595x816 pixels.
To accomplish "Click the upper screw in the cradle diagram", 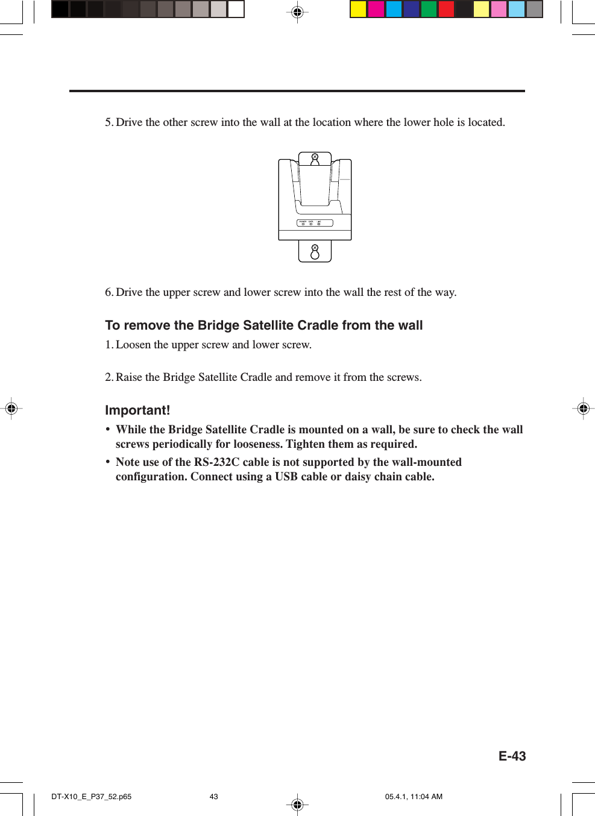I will (315, 157).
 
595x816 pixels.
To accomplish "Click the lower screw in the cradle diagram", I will (315, 248).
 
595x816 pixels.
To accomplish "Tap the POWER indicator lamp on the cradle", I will (303, 224).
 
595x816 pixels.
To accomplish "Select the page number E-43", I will (512, 756).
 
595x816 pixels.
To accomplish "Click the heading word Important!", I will (137, 410).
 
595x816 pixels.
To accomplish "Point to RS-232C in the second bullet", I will (216, 462).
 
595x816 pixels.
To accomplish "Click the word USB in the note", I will (286, 477).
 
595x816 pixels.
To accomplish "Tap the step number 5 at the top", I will (109, 122).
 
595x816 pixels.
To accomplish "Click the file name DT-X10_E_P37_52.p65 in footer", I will (91, 797).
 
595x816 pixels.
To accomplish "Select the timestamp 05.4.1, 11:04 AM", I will (414, 797).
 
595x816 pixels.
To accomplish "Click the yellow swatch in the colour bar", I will (359, 9).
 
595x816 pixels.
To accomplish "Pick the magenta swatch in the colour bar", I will (376, 9).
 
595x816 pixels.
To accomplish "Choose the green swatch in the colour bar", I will (429, 9).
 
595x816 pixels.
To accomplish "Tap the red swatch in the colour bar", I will (446, 9).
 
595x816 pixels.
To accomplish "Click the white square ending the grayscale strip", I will (236, 9).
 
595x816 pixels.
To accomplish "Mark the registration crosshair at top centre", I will (297, 12).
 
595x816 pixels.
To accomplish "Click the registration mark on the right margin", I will (583, 409).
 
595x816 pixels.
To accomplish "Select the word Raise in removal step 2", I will (129, 377).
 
